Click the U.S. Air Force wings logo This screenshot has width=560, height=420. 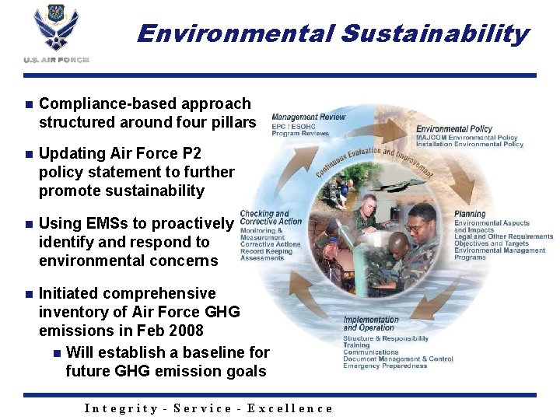[x=56, y=31]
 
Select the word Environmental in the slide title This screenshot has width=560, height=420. [x=234, y=33]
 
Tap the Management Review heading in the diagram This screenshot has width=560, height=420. [x=308, y=117]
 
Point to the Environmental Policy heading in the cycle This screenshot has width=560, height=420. [x=453, y=128]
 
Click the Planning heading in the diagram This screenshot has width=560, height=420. [x=469, y=214]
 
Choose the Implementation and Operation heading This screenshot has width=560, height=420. [x=371, y=324]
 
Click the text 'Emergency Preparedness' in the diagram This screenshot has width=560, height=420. [x=385, y=366]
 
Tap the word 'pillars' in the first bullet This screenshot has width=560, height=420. [x=233, y=122]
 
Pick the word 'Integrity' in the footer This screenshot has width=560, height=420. [x=121, y=408]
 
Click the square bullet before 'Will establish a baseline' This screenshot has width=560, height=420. [x=55, y=353]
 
